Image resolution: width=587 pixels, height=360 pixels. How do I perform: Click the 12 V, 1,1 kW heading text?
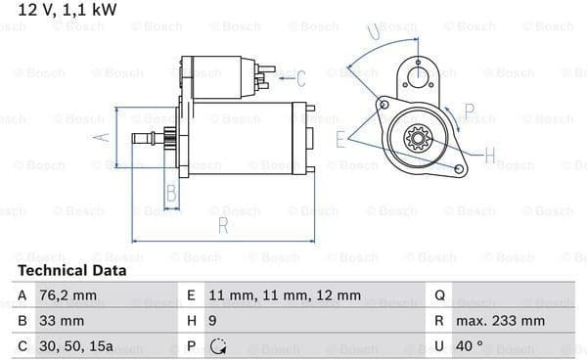(x=68, y=10)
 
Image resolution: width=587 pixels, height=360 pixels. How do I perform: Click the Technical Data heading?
(x=71, y=270)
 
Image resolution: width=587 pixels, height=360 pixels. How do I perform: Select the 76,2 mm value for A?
(x=68, y=295)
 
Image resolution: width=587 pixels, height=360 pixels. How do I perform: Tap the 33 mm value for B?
(x=62, y=321)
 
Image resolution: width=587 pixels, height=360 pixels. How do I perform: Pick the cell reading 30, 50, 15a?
(x=76, y=346)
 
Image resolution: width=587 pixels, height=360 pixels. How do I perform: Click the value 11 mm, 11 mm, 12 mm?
(x=285, y=295)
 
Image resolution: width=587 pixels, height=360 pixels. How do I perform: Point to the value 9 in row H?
(x=212, y=321)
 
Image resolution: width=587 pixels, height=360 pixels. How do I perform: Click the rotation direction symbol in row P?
(x=218, y=346)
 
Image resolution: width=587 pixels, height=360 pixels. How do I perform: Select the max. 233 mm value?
(x=500, y=321)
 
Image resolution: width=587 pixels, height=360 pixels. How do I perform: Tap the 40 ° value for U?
(x=469, y=345)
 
